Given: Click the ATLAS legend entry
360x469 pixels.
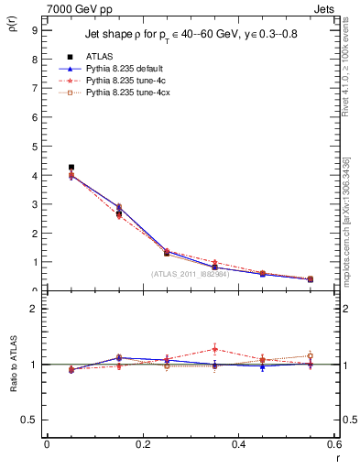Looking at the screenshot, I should (x=100, y=57).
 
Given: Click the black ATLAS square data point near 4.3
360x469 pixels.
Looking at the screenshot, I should (x=71, y=168).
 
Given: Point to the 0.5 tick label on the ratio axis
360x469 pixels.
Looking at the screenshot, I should (x=30, y=420).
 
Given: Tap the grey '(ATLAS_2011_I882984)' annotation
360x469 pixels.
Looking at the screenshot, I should (x=191, y=274).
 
